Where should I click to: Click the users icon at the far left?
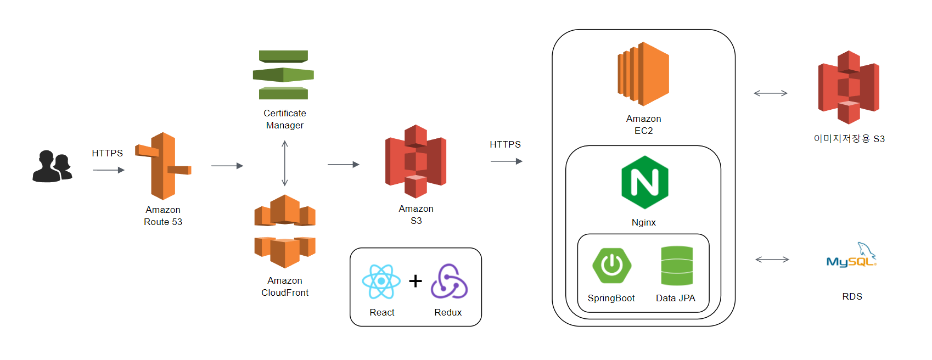point(52,166)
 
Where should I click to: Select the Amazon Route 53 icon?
point(164,166)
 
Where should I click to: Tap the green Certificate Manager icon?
point(283,75)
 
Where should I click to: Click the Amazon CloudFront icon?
point(285,231)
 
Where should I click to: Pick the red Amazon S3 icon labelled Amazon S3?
point(416,161)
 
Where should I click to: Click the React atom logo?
point(381,282)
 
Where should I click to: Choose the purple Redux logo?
point(449,282)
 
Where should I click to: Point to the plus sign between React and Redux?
point(416,281)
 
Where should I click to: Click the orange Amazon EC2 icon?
point(643,74)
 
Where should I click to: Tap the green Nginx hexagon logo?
point(644,182)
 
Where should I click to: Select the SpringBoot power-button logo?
point(611,266)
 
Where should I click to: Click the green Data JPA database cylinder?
point(677,266)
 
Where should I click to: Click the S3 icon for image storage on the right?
point(849,87)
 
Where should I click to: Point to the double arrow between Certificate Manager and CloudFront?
point(284,163)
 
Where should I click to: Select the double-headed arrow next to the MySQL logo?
point(772,260)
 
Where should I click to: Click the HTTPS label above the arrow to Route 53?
point(108,153)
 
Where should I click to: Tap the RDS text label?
point(852,296)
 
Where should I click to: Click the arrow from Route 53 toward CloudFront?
point(227,166)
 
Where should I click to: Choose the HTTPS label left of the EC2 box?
point(505,144)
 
